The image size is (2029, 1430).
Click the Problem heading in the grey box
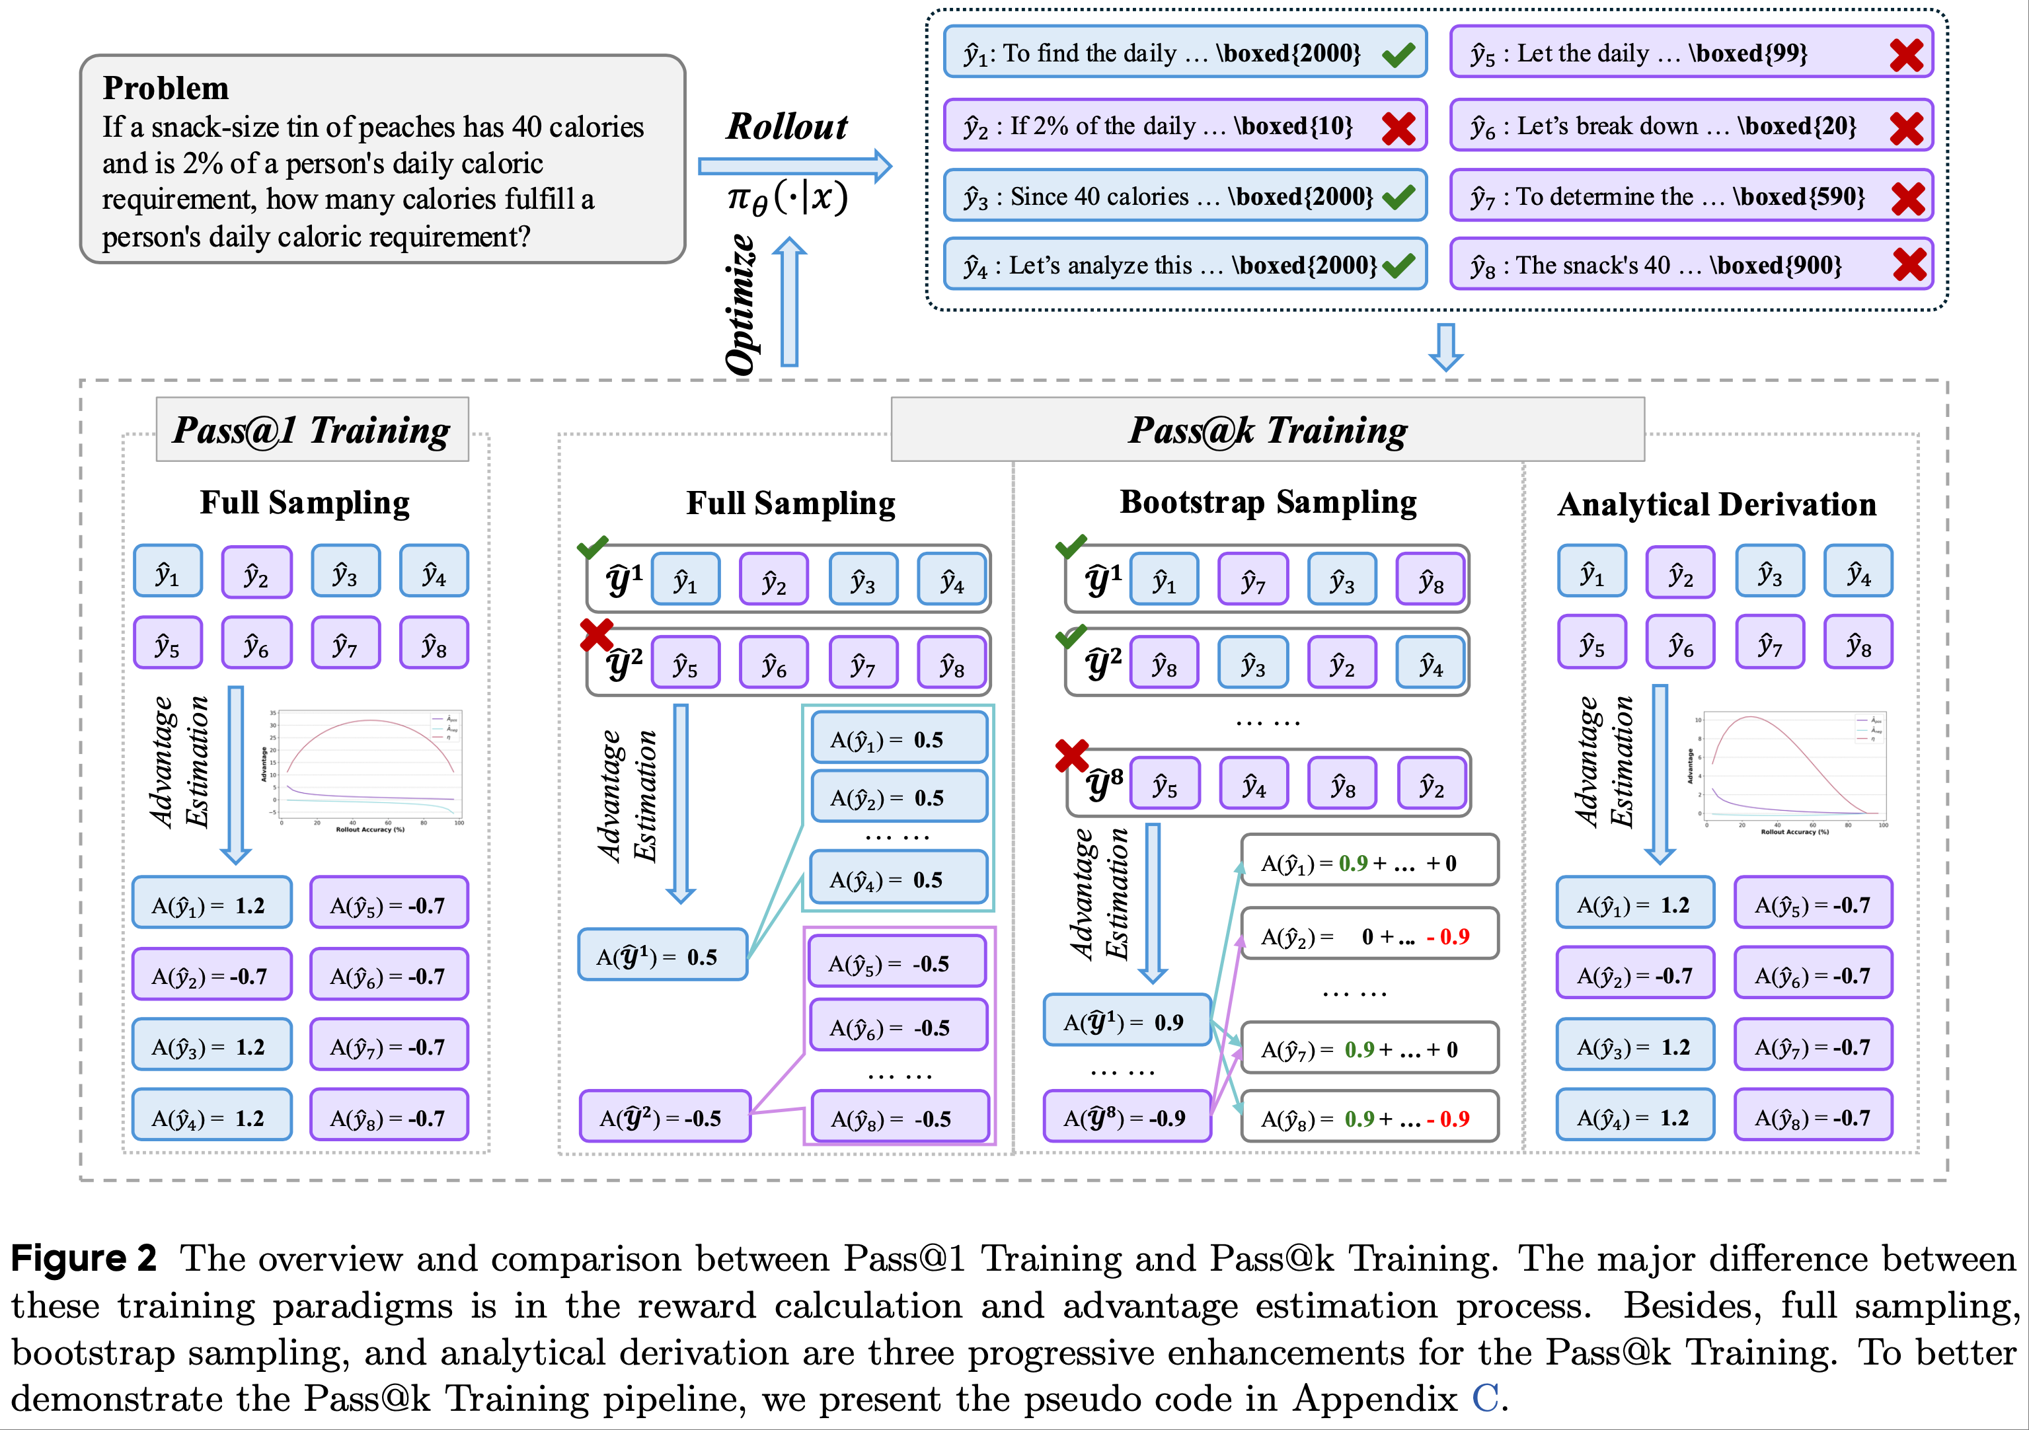(x=165, y=89)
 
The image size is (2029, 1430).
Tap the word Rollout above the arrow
(x=786, y=126)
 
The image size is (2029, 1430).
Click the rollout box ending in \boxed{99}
(x=1690, y=53)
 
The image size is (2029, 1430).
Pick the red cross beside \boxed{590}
(x=1909, y=199)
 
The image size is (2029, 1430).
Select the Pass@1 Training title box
(x=312, y=430)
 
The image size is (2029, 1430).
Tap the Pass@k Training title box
(x=1267, y=430)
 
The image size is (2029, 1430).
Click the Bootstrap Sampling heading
(x=1268, y=502)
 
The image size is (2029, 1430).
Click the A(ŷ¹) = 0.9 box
(x=1127, y=1022)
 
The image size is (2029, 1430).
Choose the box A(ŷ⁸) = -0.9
(x=1127, y=1117)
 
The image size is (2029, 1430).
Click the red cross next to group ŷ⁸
(x=1071, y=756)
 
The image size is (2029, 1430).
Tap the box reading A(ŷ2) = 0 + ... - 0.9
(x=1369, y=935)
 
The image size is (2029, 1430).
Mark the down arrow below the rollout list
(x=1446, y=346)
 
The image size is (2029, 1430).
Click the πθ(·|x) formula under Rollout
(x=786, y=198)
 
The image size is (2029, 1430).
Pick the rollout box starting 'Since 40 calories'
(x=1184, y=196)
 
